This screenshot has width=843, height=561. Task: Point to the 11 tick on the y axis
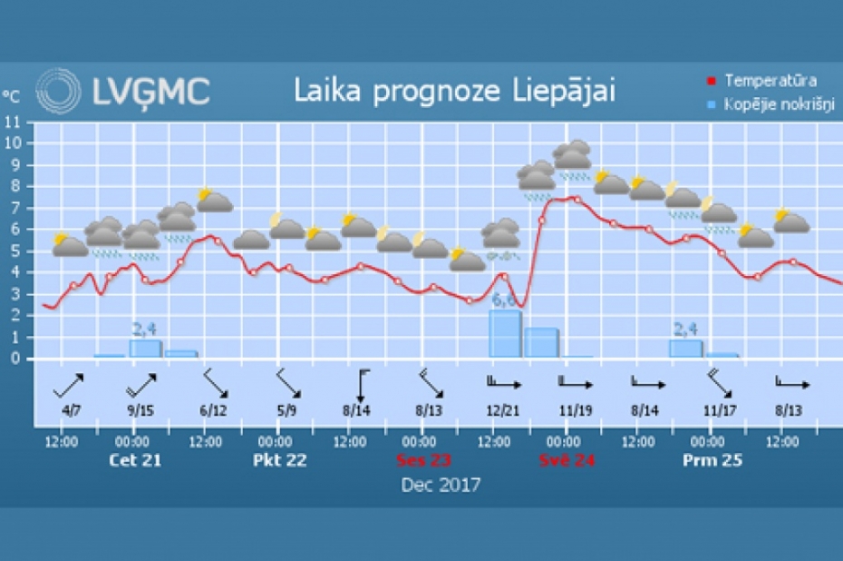(x=11, y=121)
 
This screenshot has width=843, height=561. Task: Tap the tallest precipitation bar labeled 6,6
(x=505, y=333)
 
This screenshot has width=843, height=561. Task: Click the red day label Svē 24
(x=568, y=460)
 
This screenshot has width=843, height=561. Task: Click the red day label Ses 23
(x=423, y=460)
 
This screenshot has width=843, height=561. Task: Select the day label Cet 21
(x=134, y=460)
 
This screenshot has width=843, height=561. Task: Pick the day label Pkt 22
(x=279, y=460)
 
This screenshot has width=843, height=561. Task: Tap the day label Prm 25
(x=712, y=460)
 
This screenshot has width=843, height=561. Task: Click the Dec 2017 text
(x=441, y=485)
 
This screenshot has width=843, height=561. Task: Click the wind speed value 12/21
(x=503, y=410)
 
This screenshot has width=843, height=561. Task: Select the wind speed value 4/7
(x=72, y=410)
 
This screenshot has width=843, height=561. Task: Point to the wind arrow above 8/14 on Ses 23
(x=362, y=385)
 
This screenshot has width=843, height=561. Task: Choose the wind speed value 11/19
(x=576, y=410)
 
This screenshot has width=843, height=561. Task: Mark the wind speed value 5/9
(x=286, y=410)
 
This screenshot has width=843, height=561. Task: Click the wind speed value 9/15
(x=141, y=410)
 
